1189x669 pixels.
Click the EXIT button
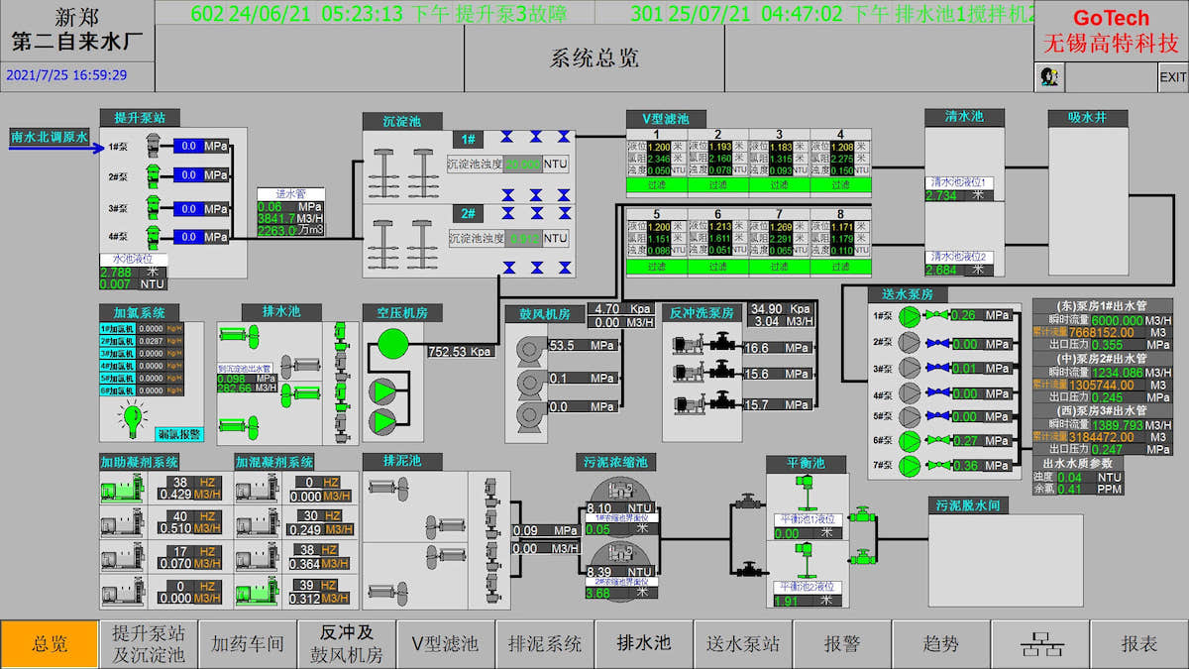coord(1172,77)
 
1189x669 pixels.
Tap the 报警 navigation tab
coord(842,644)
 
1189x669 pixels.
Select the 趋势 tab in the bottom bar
coord(941,644)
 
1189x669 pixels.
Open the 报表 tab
coord(1139,644)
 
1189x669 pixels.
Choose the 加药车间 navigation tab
coord(248,644)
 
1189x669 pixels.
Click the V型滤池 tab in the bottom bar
coord(446,644)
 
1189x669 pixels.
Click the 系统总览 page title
coord(594,58)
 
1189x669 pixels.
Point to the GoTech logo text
coord(1111,18)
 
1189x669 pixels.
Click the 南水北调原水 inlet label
coord(50,136)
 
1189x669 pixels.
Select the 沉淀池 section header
coord(402,121)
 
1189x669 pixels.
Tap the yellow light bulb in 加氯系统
coord(133,420)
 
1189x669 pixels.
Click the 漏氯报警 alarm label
coord(179,434)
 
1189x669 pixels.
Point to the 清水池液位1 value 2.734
coord(941,195)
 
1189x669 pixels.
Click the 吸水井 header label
coord(1087,118)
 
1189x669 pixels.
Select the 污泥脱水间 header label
coord(967,505)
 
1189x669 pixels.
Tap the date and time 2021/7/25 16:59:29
coord(66,75)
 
